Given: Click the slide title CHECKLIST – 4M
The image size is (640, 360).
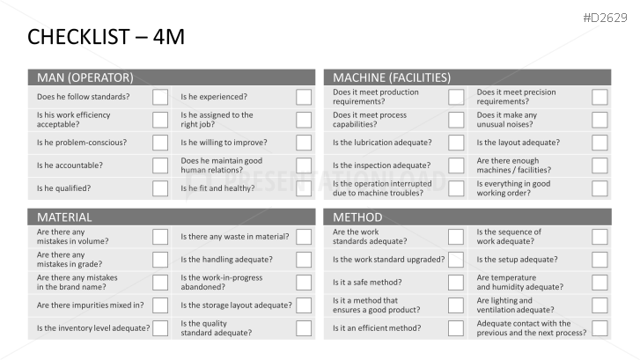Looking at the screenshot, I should pos(106,37).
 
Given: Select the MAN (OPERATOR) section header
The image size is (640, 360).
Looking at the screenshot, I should pos(85,77).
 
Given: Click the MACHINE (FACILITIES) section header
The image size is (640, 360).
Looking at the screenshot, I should pos(392,77).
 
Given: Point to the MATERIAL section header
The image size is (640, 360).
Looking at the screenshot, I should pos(64,217).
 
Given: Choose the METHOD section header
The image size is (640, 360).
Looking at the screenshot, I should pos(357,217).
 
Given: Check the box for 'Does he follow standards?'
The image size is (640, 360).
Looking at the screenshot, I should pos(160,97).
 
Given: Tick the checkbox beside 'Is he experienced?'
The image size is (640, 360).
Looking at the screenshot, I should pos(304,97).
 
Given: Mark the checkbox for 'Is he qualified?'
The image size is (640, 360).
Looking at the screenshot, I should pos(160,188).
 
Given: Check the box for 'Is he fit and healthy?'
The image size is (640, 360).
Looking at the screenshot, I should pos(304,188).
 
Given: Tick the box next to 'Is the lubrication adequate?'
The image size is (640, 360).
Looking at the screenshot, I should pos(456,143).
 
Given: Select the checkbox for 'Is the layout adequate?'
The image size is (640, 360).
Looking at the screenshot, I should pos(600,143).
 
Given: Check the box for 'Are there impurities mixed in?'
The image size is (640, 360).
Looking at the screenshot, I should pos(160,305).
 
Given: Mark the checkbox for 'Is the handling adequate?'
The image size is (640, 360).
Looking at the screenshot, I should pos(304,260).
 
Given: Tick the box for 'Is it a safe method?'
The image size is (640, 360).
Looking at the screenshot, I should pos(456,283).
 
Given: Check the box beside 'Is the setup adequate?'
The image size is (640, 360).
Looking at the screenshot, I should pos(600,260).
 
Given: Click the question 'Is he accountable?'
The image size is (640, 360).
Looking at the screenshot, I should pos(70,165).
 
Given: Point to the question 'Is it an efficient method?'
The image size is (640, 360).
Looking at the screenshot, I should pos(376,328).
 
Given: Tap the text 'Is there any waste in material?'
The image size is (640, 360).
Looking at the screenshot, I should pos(234,237).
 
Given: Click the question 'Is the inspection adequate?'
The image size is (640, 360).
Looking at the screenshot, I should pos(381,165).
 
